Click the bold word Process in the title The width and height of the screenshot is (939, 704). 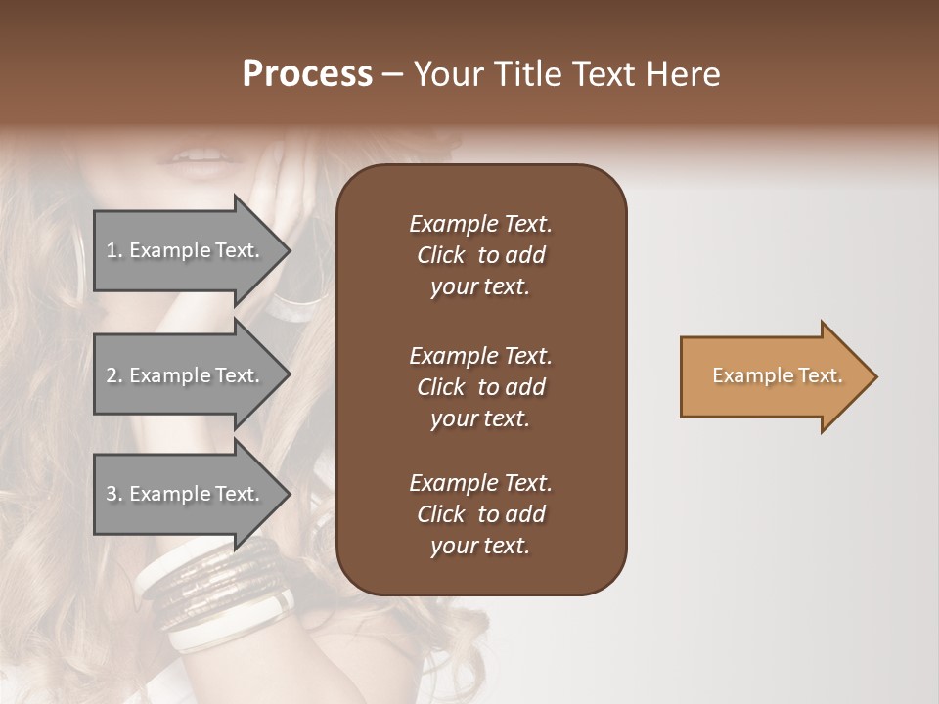coord(307,74)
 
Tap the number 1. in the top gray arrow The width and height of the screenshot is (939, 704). coord(114,250)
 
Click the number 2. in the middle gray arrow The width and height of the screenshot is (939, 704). coord(114,375)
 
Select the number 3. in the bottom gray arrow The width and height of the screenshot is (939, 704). coord(114,494)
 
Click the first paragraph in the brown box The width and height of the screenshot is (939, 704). coord(480,255)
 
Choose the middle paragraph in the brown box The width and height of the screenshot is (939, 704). coord(480,387)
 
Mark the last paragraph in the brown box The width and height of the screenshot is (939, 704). coord(480,514)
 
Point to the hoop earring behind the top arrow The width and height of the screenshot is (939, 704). coord(303,293)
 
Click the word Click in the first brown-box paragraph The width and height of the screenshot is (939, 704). coord(440,255)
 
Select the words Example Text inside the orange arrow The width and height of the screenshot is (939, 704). coord(777,375)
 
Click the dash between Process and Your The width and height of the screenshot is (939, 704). coord(392,75)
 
